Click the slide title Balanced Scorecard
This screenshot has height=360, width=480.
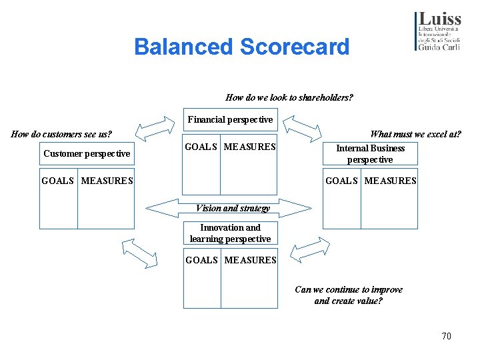click(x=241, y=47)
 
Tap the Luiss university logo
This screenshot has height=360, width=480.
click(x=437, y=31)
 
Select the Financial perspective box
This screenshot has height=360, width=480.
click(x=230, y=120)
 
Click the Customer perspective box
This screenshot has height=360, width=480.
click(x=87, y=154)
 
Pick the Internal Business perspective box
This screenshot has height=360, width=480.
click(x=370, y=154)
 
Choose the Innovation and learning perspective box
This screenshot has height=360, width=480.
click(x=230, y=233)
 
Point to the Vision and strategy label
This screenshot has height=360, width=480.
click(x=233, y=208)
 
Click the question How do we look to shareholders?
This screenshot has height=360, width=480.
click(x=289, y=97)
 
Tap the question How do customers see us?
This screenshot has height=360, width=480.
click(x=62, y=134)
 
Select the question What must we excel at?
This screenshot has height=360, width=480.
click(x=415, y=134)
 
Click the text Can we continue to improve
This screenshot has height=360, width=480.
click(x=349, y=289)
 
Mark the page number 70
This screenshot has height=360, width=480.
click(x=446, y=336)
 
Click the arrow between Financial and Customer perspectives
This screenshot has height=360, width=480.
click(x=153, y=127)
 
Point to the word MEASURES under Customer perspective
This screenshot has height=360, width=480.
click(x=107, y=181)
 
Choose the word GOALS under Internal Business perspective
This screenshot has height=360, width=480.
click(x=341, y=181)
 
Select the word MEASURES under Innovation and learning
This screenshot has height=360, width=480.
click(x=250, y=260)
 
